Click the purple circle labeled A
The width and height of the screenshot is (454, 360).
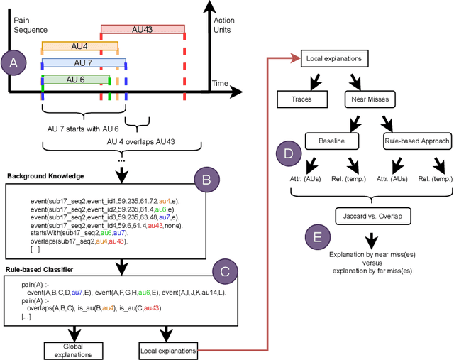13,62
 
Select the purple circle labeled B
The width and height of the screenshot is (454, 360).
206,180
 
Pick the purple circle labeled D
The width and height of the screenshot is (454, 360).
288,153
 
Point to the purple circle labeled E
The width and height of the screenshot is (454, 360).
316,236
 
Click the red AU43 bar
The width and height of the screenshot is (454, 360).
143,31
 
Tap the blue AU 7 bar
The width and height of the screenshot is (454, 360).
84,63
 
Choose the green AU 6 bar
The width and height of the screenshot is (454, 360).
76,80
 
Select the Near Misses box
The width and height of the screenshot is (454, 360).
370,99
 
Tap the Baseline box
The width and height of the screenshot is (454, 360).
330,141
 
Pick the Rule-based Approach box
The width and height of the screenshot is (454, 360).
417,141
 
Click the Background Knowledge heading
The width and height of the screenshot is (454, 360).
46,175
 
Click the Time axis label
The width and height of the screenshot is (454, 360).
220,84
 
